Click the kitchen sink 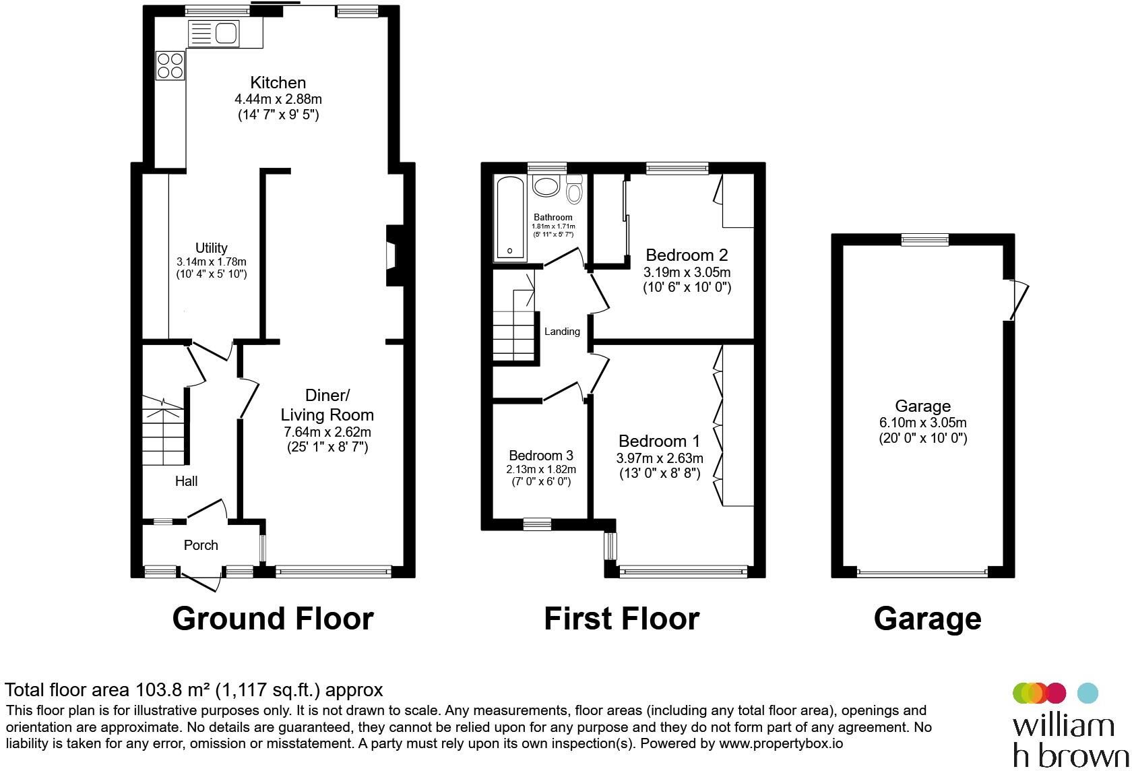click(x=213, y=34)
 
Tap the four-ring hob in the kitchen click(x=170, y=66)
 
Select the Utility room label click(x=212, y=248)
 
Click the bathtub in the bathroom click(x=510, y=218)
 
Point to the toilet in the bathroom click(x=574, y=189)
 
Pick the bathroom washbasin click(x=546, y=185)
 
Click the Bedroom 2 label click(x=686, y=255)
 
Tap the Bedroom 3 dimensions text click(x=541, y=475)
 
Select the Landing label click(x=562, y=331)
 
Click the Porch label click(x=201, y=545)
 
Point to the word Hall click(x=186, y=481)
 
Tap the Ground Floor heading click(x=273, y=619)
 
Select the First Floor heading click(x=621, y=619)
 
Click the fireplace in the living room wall click(x=395, y=256)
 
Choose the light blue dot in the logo click(x=1088, y=693)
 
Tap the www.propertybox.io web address click(x=781, y=743)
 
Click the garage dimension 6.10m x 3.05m click(x=923, y=423)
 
